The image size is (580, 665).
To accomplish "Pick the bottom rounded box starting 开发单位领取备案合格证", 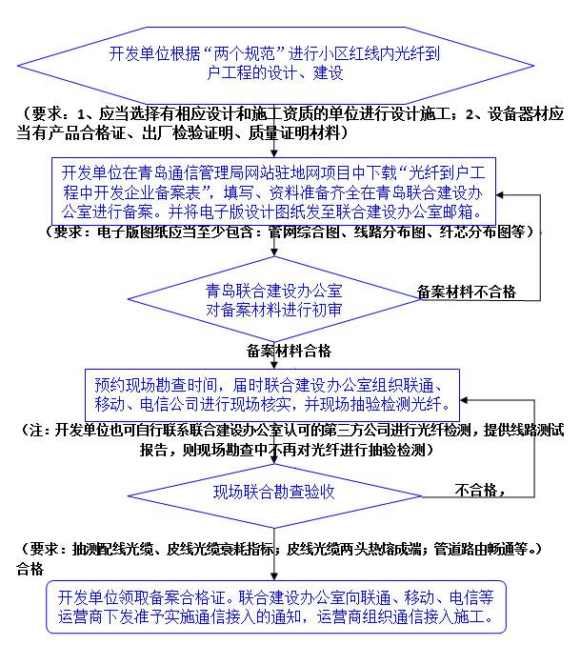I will pyautogui.click(x=275, y=607).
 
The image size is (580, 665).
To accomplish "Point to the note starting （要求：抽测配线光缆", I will pyautogui.click(x=282, y=550).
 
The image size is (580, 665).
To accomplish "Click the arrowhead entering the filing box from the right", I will pyautogui.click(x=507, y=192).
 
